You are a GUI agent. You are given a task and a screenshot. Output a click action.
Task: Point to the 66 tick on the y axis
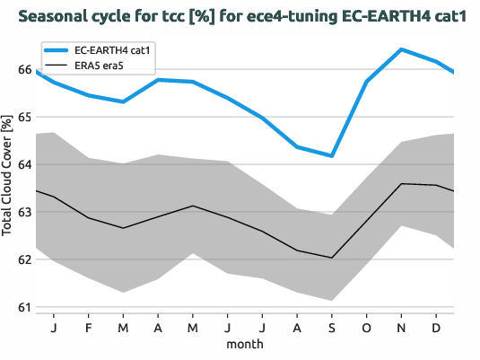24,70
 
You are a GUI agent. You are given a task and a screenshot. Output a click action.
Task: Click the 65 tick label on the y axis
24,118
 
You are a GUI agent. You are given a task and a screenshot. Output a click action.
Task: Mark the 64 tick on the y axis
24,165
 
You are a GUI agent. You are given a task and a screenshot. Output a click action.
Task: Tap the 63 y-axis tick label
24,213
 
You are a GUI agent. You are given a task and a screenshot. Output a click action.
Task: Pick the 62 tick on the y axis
24,260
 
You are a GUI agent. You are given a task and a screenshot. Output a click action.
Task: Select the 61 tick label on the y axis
24,308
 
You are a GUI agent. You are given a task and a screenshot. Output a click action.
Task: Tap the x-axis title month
245,344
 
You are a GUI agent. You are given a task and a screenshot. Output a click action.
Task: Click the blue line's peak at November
401,49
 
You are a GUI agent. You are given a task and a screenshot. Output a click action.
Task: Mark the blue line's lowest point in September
332,156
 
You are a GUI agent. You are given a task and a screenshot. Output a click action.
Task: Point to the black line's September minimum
332,258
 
